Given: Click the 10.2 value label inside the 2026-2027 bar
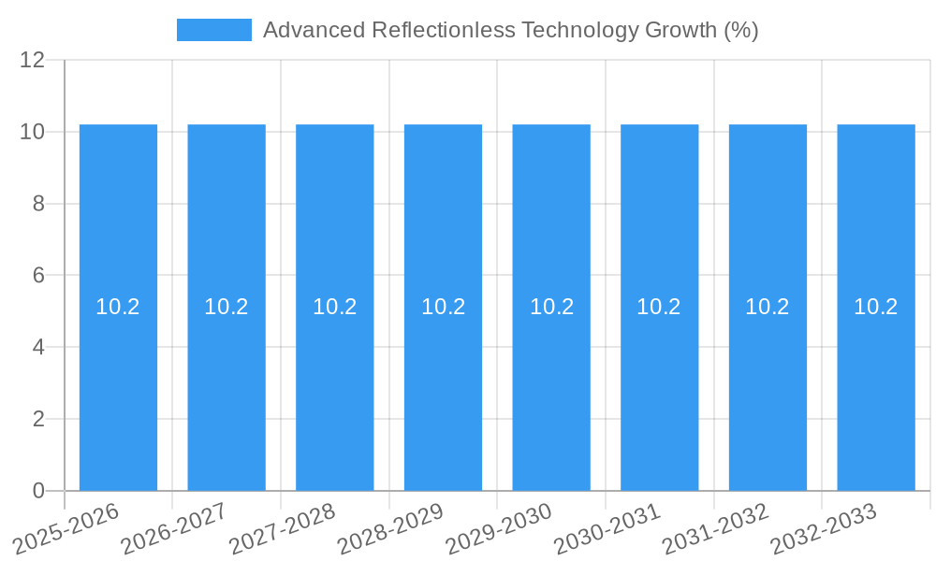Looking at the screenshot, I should [x=227, y=307].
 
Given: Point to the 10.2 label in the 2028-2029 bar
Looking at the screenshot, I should [x=443, y=307].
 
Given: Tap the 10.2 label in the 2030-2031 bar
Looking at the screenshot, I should [x=659, y=307].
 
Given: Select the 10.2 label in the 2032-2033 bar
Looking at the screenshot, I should [x=876, y=307].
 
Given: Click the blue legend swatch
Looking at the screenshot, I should [x=213, y=30].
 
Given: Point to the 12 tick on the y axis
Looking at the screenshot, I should [x=32, y=60].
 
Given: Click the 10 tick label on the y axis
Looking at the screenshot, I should [x=32, y=132].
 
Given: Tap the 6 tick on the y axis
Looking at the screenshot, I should [x=38, y=276].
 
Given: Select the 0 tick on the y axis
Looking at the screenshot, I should [x=38, y=491].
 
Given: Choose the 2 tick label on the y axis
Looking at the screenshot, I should [x=38, y=419].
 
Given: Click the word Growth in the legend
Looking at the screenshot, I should [x=680, y=30].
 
